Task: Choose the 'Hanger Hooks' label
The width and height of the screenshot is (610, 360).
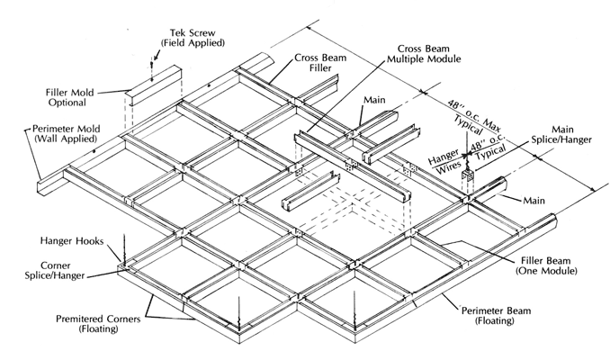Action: pos(68,242)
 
